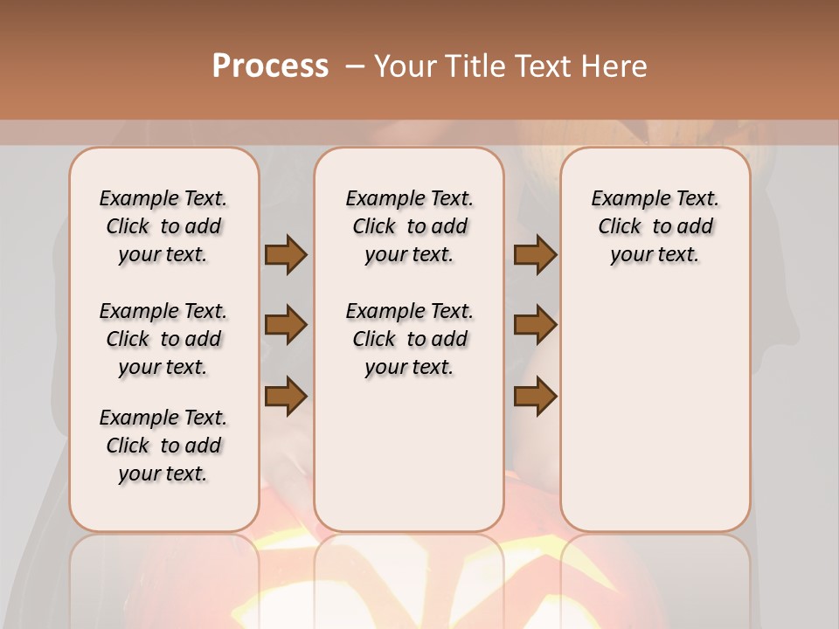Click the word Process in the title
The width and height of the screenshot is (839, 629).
click(270, 66)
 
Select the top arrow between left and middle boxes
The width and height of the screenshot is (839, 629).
click(286, 254)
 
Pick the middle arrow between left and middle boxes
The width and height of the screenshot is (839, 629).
click(286, 326)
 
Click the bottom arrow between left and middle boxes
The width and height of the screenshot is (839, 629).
click(286, 396)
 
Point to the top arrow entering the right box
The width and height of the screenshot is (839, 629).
click(535, 254)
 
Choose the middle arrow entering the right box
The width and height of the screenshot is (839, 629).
click(535, 326)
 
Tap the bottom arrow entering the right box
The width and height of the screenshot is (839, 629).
click(535, 396)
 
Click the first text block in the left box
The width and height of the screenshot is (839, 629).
click(163, 226)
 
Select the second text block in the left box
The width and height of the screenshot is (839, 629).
click(163, 339)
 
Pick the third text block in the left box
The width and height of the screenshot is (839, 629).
click(163, 446)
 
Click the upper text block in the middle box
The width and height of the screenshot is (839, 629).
click(409, 226)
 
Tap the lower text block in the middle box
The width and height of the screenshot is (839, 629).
click(409, 339)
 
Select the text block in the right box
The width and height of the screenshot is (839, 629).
click(655, 226)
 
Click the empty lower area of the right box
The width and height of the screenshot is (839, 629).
click(655, 411)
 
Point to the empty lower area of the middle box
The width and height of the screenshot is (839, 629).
click(409, 454)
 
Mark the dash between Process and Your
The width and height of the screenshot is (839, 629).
click(355, 66)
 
